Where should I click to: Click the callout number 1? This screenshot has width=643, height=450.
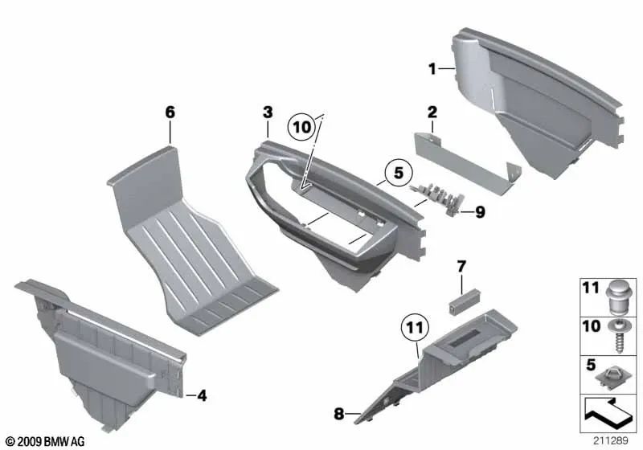point(432,69)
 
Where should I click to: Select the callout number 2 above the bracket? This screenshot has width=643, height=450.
point(432,112)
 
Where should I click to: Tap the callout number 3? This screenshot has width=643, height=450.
point(268,112)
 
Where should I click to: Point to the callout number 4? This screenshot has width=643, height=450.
point(202,395)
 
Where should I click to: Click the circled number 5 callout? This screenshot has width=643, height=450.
point(399,173)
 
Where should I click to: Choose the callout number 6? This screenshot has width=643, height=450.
point(170,112)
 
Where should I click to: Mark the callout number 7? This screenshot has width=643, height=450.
point(461,267)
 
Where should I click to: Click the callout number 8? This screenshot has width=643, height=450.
point(338,414)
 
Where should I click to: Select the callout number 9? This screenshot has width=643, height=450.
point(480,212)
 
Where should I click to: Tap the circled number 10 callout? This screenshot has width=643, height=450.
point(302,127)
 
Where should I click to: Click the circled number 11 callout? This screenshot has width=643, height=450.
point(415,328)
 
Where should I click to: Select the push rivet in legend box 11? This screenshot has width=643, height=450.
point(619,297)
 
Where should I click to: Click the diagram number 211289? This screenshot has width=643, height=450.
point(610,440)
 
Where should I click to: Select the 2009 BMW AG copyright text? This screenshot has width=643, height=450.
point(45,441)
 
